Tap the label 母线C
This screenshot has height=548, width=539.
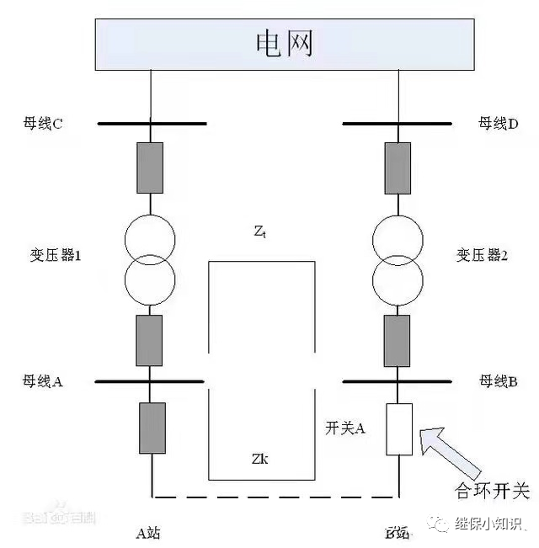pos(44,124)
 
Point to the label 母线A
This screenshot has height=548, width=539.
pos(43,381)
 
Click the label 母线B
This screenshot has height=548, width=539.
pos(498,381)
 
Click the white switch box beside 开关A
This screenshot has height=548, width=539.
pos(398,428)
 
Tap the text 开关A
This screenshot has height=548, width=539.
pos(344,428)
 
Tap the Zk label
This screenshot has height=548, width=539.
pos(260,460)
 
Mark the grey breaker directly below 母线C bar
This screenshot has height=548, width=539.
pos(151,168)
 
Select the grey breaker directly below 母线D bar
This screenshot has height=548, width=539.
pos(398,168)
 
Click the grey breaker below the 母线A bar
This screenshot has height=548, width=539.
pos(152,428)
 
